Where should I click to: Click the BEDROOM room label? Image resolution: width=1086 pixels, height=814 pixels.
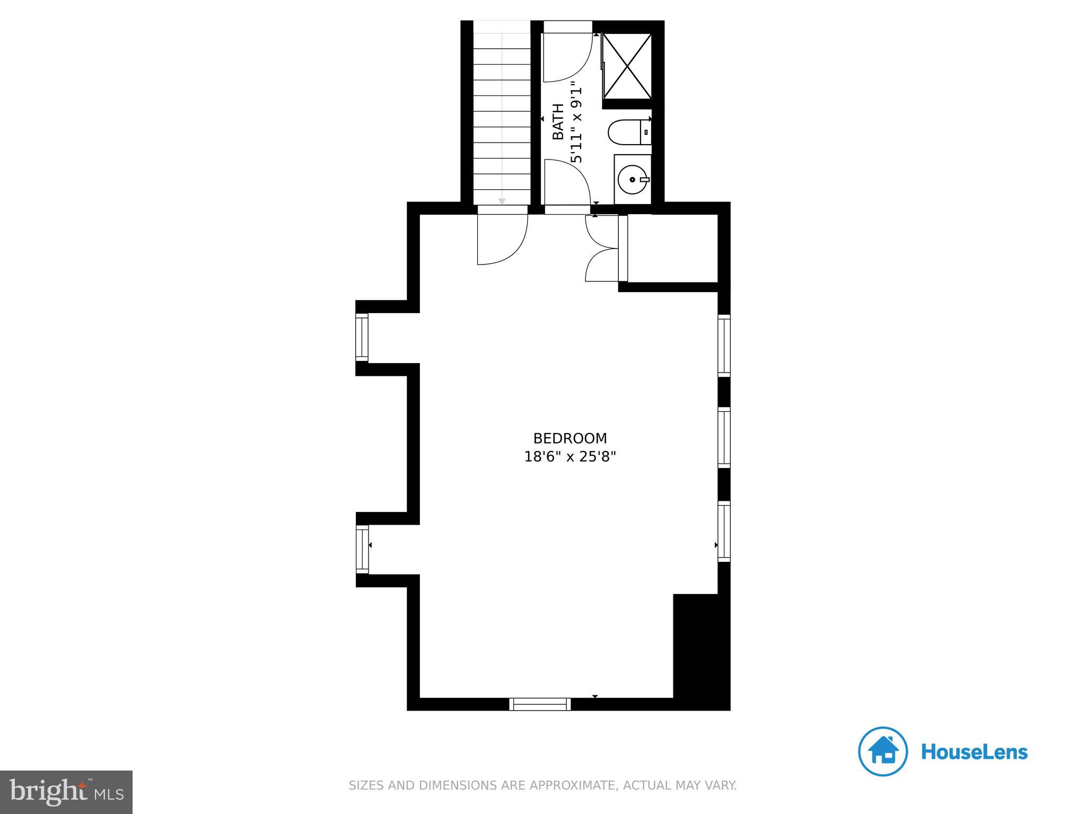pyautogui.click(x=570, y=438)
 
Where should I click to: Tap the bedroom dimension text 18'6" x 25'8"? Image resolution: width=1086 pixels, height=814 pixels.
pyautogui.click(x=570, y=456)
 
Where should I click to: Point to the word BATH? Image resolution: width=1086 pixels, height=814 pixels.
pyautogui.click(x=558, y=122)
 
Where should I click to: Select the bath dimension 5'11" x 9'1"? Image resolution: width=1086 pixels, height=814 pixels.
pyautogui.click(x=576, y=122)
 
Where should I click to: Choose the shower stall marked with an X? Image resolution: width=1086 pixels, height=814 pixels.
pyautogui.click(x=627, y=66)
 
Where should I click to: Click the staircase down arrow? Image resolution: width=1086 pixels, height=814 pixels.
pyautogui.click(x=502, y=201)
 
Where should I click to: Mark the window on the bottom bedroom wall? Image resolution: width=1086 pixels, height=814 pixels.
pyautogui.click(x=540, y=704)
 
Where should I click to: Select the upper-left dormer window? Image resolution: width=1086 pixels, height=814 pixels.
pyautogui.click(x=362, y=337)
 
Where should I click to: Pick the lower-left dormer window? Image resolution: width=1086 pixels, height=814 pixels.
pyautogui.click(x=362, y=549)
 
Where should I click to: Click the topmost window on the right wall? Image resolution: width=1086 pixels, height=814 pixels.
pyautogui.click(x=724, y=345)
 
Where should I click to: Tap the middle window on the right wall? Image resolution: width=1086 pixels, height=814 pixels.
pyautogui.click(x=724, y=437)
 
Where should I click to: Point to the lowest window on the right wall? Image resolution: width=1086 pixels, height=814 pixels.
pyautogui.click(x=724, y=531)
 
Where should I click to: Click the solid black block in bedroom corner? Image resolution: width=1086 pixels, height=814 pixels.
pyautogui.click(x=701, y=651)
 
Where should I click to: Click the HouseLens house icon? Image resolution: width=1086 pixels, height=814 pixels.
pyautogui.click(x=882, y=751)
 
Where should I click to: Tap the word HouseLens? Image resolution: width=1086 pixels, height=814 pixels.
pyautogui.click(x=974, y=752)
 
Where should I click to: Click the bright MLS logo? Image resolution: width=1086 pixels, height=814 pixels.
pyautogui.click(x=66, y=792)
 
